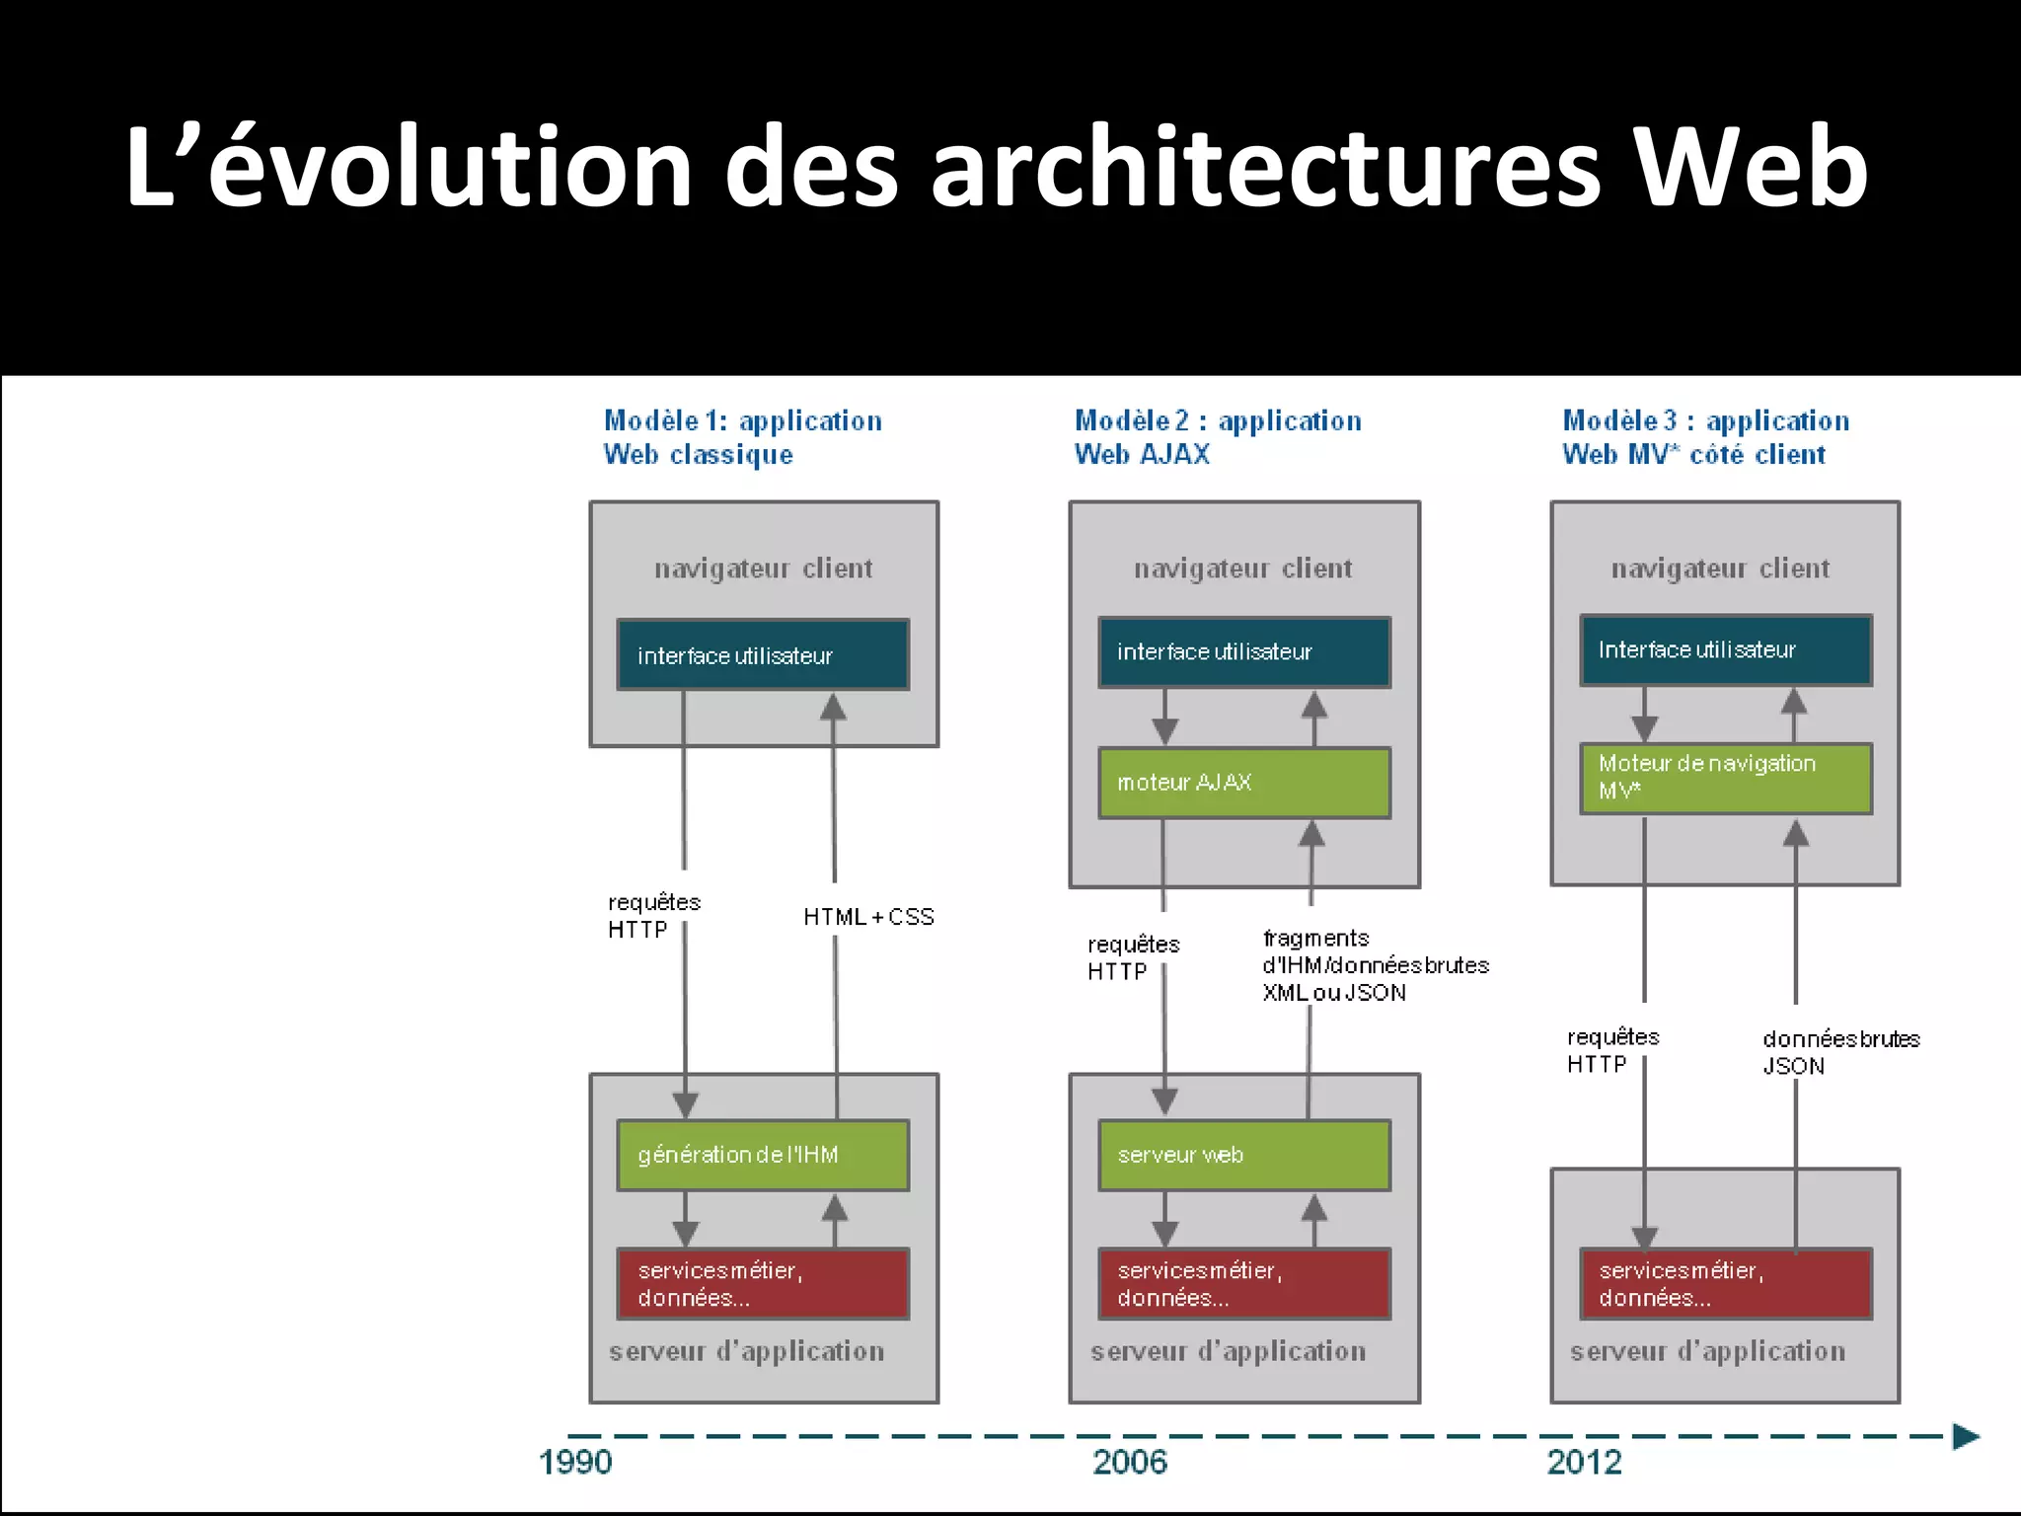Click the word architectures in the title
point(1266,168)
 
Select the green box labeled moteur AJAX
point(1243,783)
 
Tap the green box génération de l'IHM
point(763,1155)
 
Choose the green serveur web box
point(1243,1155)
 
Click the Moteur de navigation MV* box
point(1725,778)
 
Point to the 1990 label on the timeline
point(575,1462)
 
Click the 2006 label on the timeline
point(1130,1462)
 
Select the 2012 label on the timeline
point(1584,1462)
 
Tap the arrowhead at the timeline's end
point(1966,1437)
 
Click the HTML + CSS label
point(868,917)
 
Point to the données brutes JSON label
point(1840,1052)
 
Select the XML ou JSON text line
point(1334,993)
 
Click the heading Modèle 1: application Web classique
point(742,437)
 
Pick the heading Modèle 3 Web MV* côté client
point(1705,437)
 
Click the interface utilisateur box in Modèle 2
point(1243,652)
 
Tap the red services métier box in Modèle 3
point(1725,1284)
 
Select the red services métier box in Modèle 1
point(763,1284)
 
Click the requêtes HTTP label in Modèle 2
point(1133,957)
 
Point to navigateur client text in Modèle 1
point(763,568)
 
